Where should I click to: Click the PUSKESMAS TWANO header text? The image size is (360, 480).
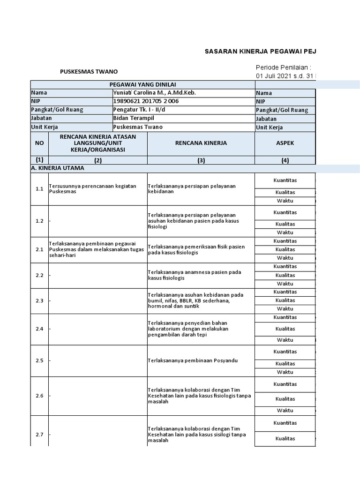point(89,72)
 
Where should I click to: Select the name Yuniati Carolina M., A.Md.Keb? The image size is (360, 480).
point(154,93)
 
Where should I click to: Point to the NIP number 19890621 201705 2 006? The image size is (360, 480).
point(146,101)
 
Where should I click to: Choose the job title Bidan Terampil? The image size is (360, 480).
point(134,118)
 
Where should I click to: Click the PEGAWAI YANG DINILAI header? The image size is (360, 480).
point(142,84)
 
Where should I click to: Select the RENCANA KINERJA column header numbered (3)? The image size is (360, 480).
point(201,143)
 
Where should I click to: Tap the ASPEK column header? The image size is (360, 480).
point(285,143)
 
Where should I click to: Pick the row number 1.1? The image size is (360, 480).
point(39,189)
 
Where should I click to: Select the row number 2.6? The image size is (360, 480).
point(39,396)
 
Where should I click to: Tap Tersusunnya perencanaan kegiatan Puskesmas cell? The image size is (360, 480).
point(92,189)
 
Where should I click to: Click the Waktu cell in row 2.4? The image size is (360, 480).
point(285,340)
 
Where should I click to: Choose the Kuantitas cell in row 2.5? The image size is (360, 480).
point(285,352)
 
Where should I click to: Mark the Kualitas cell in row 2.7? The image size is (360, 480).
point(285,438)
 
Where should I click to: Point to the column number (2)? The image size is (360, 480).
point(97,160)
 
